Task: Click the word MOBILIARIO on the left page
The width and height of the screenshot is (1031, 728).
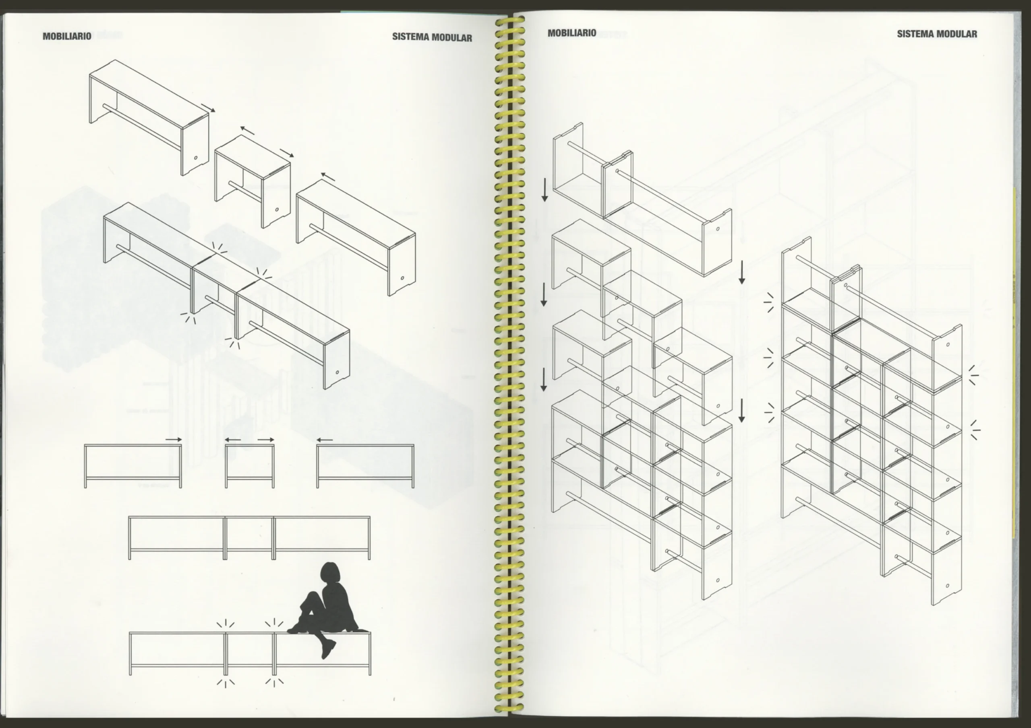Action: click(67, 36)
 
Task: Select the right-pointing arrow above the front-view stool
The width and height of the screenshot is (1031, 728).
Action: click(266, 440)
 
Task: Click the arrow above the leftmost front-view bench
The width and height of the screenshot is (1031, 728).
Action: click(174, 440)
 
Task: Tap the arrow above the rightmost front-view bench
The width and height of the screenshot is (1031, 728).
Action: click(324, 440)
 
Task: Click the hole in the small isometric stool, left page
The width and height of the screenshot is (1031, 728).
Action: click(277, 210)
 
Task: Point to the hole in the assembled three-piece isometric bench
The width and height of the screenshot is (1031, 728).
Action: click(337, 372)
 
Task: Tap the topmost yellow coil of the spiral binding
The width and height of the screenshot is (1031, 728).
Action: click(510, 20)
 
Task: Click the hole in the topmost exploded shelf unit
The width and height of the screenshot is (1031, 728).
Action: click(718, 229)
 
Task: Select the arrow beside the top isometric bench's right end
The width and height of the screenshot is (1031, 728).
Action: click(208, 108)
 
